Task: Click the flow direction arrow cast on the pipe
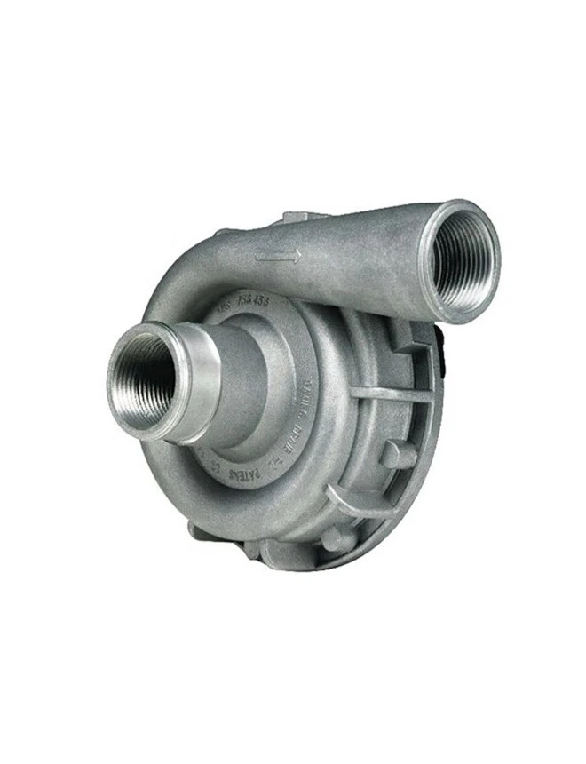(x=278, y=257)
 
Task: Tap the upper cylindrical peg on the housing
(x=398, y=455)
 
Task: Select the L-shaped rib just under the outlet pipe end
(x=417, y=342)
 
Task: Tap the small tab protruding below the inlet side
(x=199, y=531)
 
